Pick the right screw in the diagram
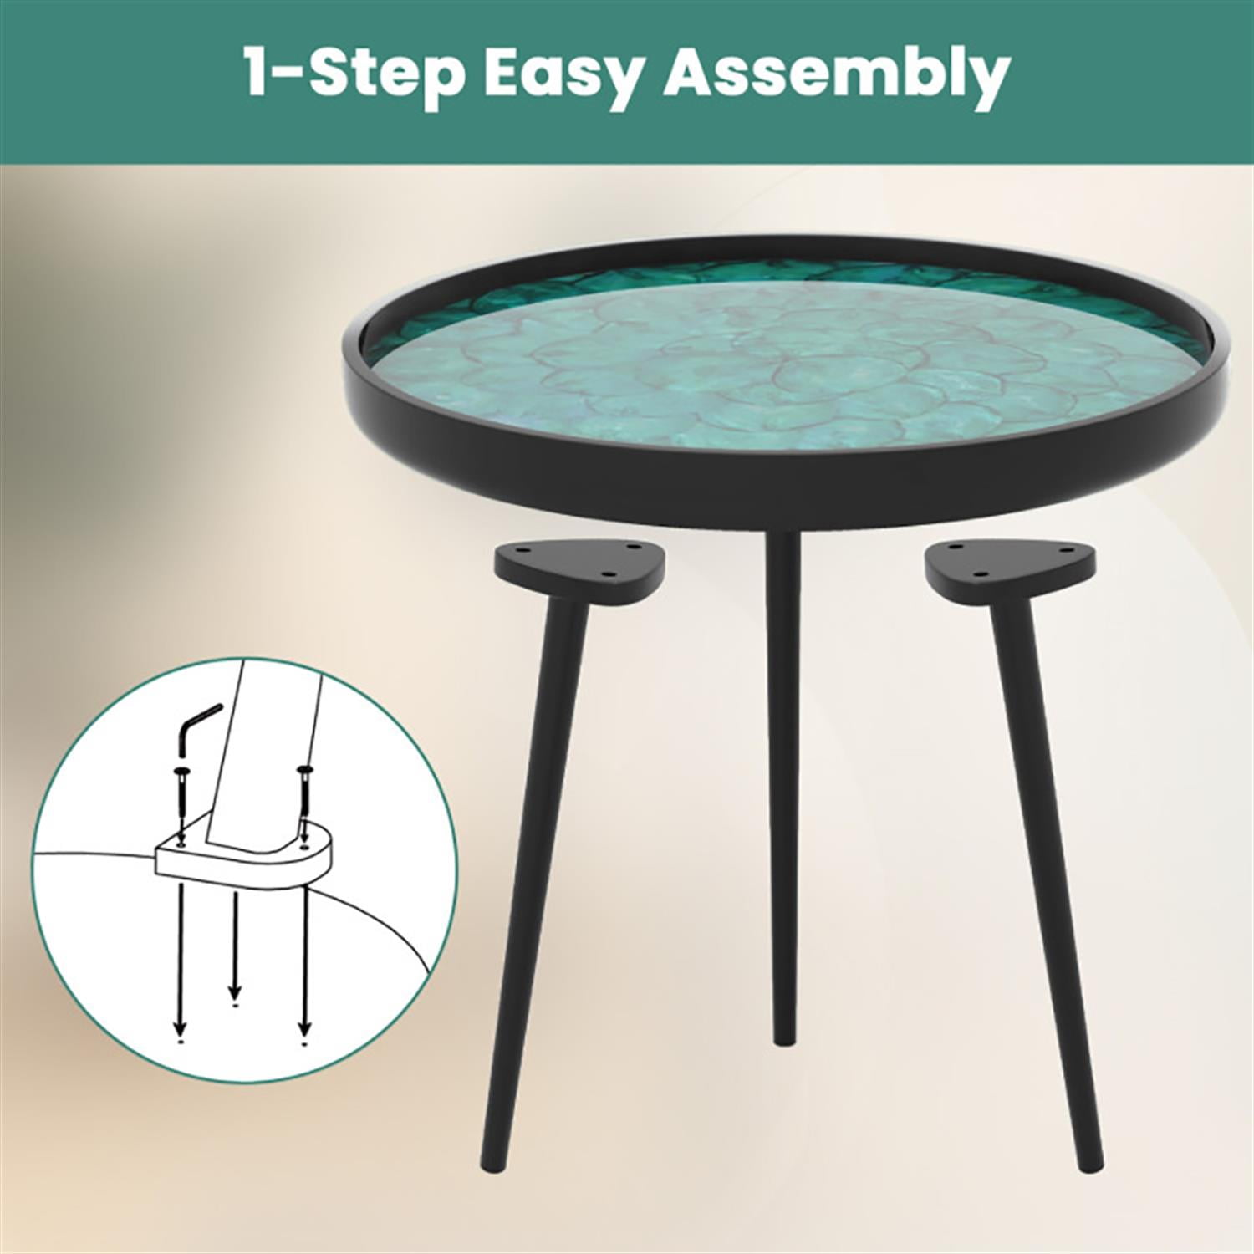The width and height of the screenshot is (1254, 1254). coord(304,794)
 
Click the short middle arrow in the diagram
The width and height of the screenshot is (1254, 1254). coord(235,945)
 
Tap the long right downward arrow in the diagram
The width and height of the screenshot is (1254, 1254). coord(304,961)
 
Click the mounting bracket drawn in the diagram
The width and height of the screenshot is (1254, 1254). coord(242,861)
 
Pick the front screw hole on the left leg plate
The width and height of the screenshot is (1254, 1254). coord(609,573)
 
